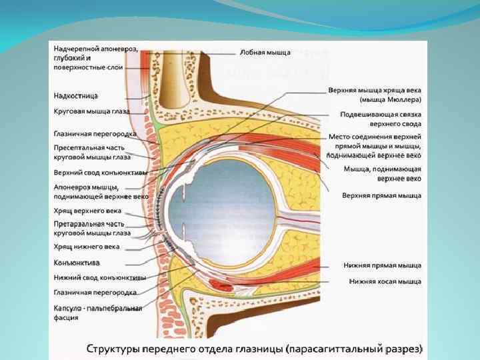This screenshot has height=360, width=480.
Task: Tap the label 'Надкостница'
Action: tap(76, 96)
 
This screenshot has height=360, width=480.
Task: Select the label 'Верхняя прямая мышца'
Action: tap(381, 196)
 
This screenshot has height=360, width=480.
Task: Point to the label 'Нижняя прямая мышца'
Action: tap(382, 265)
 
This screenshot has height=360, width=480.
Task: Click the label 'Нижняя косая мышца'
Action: tap(385, 281)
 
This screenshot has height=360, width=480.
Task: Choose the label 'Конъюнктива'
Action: tap(77, 262)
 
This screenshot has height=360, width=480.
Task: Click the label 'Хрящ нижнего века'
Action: tap(86, 247)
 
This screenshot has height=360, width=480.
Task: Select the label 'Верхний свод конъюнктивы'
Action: tap(95, 172)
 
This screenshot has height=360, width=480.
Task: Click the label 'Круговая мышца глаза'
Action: tap(91, 111)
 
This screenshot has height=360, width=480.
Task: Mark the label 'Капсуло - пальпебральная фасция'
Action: tap(97, 313)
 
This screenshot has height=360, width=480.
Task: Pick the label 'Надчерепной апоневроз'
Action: tap(95, 49)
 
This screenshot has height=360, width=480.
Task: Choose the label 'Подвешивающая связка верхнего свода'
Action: tap(380, 119)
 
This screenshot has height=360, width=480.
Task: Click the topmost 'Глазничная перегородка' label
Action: tap(95, 133)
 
